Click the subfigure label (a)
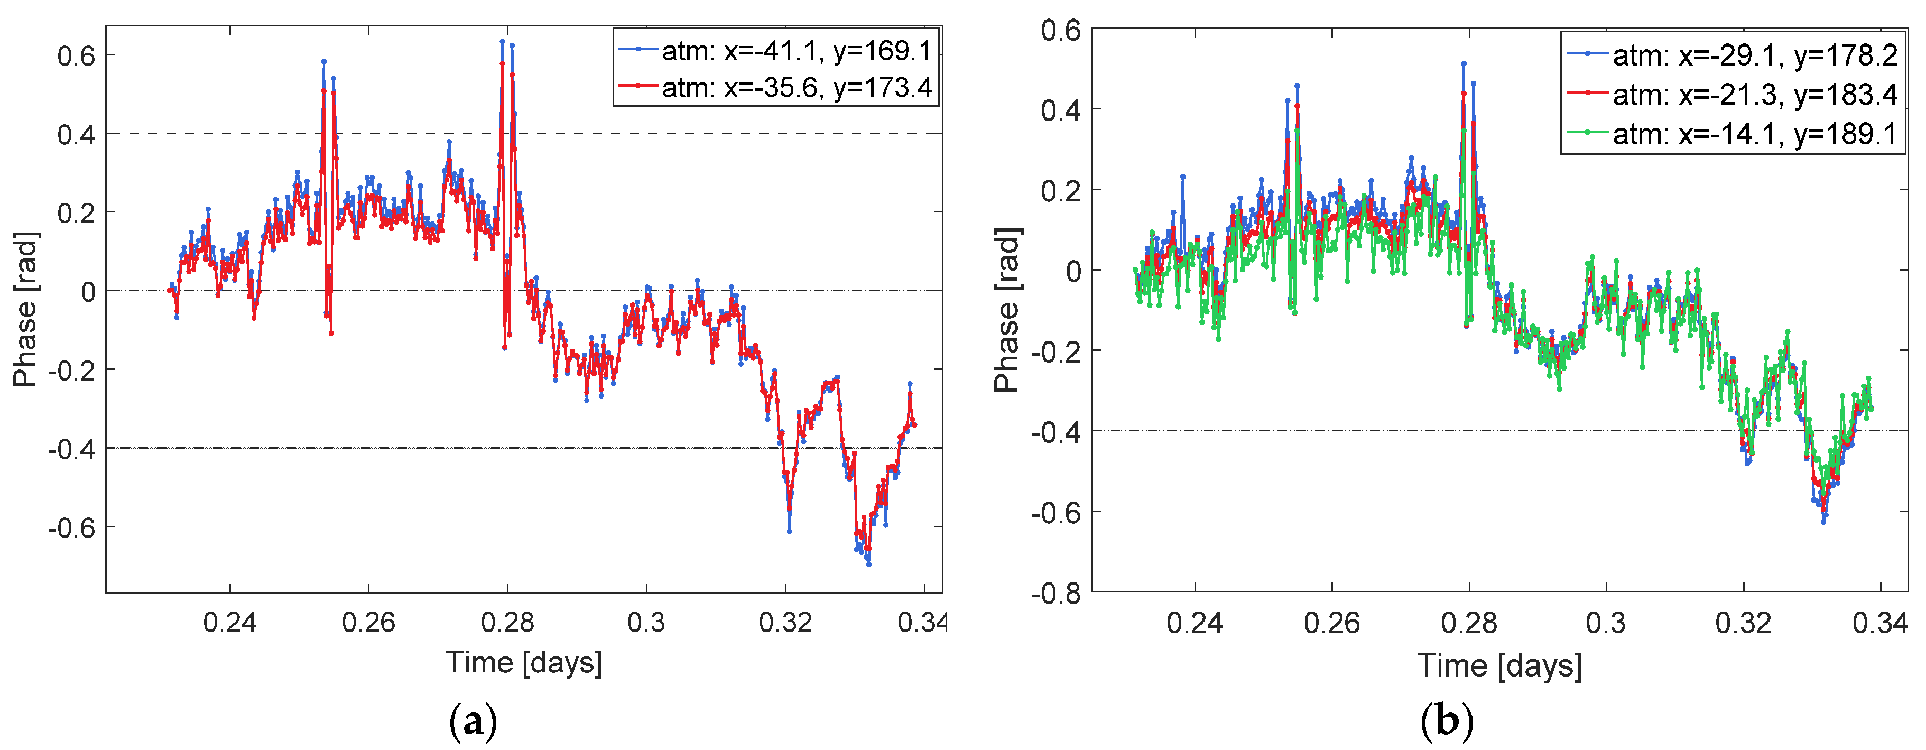pos(473,721)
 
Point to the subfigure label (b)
pos(1447,721)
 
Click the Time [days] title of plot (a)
pos(523,662)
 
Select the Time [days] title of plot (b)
pos(1499,665)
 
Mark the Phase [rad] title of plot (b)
pos(1007,310)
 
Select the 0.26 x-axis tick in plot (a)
pos(368,622)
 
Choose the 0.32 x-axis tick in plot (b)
pos(1743,623)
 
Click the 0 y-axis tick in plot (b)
pos(1073,271)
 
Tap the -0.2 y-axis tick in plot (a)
pos(72,370)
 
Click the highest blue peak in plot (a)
pos(503,41)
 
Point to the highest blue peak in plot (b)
pos(1463,63)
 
